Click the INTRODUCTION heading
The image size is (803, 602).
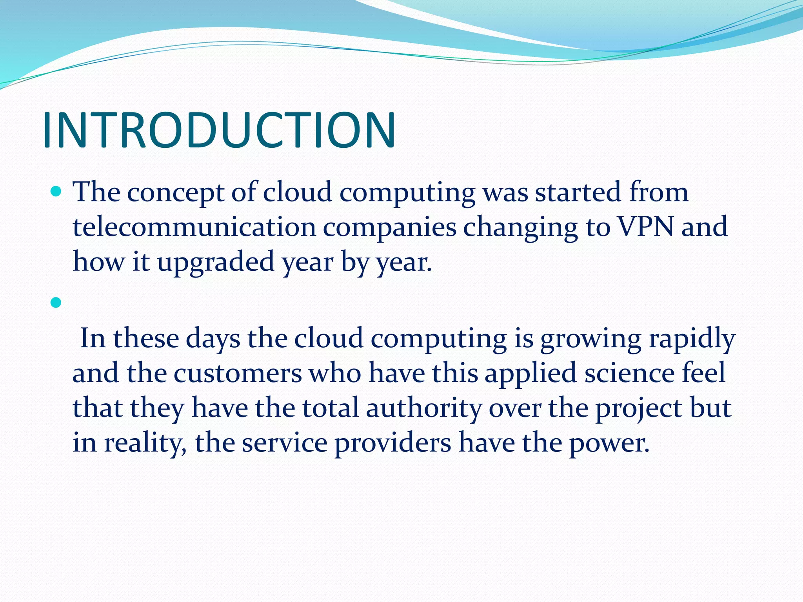(x=219, y=131)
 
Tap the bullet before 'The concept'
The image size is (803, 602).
(x=56, y=192)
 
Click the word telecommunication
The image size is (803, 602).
(x=194, y=227)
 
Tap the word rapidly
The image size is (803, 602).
(x=692, y=338)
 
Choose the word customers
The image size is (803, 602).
(x=238, y=373)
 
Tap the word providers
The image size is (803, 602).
(x=392, y=443)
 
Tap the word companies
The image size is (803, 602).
(x=389, y=228)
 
